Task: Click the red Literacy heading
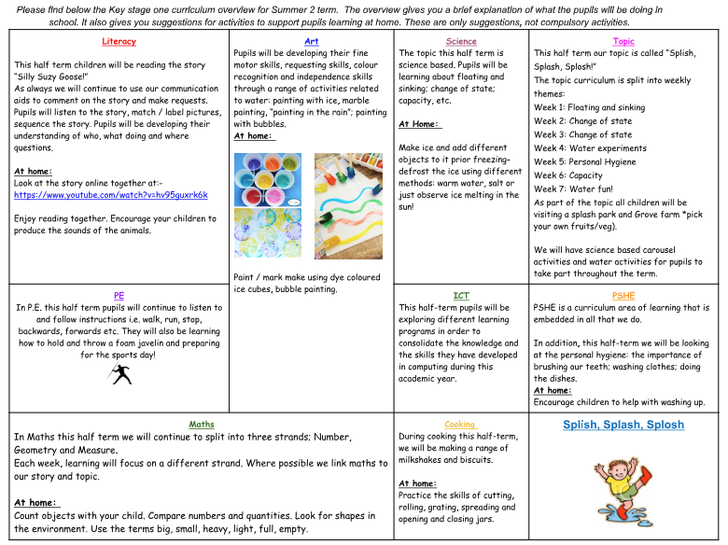[119, 41]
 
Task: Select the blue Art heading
[312, 41]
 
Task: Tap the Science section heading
[461, 41]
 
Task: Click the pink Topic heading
[623, 41]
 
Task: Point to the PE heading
[119, 295]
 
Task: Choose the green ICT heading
[461, 295]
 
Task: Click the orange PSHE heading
[623, 295]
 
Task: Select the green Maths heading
[202, 425]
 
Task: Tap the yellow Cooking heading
[459, 425]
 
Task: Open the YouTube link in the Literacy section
[111, 195]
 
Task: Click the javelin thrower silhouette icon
[119, 373]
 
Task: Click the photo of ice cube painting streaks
[348, 205]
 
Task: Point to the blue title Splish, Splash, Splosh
[623, 425]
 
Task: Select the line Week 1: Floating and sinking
[589, 107]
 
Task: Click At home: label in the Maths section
[35, 502]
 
